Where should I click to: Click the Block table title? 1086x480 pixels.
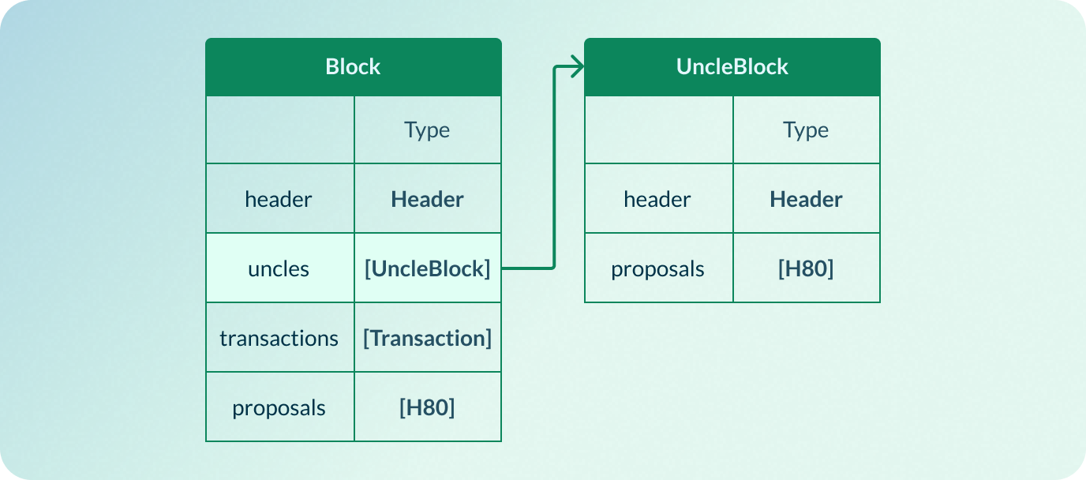click(x=353, y=67)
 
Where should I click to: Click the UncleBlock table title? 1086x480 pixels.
click(x=732, y=67)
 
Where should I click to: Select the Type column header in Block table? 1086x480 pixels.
click(x=427, y=130)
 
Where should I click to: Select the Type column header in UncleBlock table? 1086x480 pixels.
click(x=806, y=130)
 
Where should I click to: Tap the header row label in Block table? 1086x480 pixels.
click(x=279, y=200)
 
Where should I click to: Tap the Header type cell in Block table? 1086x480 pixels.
click(x=427, y=200)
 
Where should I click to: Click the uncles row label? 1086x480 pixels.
click(x=279, y=269)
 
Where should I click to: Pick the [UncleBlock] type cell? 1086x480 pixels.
click(x=427, y=269)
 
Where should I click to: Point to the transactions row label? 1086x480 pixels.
click(x=279, y=339)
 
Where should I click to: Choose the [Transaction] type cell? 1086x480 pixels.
click(x=427, y=339)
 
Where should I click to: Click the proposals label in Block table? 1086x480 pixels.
click(x=279, y=408)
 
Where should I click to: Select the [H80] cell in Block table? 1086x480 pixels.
click(x=427, y=408)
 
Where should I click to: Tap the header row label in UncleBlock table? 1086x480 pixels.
click(x=657, y=200)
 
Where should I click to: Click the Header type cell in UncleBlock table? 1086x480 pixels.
click(x=806, y=200)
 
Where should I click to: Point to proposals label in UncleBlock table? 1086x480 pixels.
click(x=657, y=269)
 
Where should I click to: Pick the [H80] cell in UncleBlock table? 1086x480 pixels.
click(x=806, y=269)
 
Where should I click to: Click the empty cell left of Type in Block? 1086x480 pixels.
click(x=280, y=130)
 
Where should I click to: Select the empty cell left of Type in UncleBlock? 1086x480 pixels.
click(x=659, y=130)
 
